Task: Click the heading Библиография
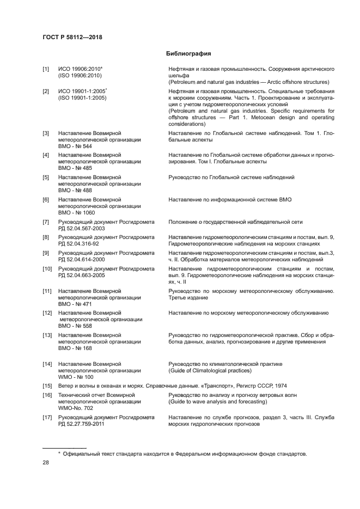pos(188,54)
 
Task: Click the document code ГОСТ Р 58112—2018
pos(72,37)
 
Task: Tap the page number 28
pos(46,462)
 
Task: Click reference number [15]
pos(47,386)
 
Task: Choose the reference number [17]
pos(47,418)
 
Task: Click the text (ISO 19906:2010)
pos(80,76)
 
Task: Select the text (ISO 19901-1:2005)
pos(82,97)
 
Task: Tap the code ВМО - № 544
pos(75,146)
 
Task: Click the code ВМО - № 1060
pos(76,213)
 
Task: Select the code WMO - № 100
pos(76,377)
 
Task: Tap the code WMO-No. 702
pos(76,408)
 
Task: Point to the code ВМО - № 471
pos(75,304)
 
